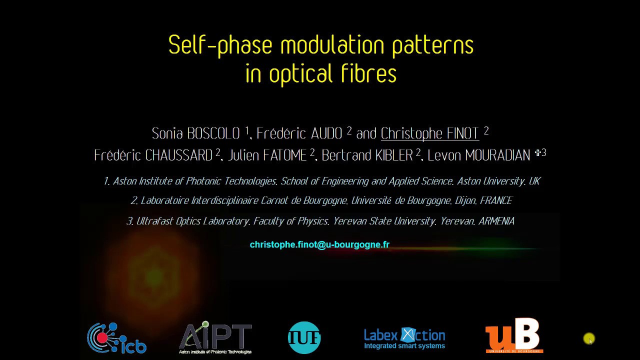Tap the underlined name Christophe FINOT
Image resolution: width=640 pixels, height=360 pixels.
click(429, 133)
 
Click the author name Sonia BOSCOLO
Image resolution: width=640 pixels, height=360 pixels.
click(196, 133)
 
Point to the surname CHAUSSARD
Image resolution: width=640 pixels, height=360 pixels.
click(178, 155)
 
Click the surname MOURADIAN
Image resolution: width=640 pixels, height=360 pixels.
click(497, 155)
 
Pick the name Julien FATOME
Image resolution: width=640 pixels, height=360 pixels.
click(267, 155)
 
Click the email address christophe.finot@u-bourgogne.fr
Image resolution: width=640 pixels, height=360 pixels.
click(319, 244)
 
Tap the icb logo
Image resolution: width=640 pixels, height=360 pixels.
click(117, 338)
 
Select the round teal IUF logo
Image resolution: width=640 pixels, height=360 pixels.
click(304, 338)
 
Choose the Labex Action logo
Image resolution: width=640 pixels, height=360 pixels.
click(404, 338)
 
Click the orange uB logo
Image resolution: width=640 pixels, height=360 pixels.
click(514, 336)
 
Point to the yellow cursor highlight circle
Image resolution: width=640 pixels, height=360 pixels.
click(589, 339)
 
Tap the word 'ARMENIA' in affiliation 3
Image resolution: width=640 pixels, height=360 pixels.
click(496, 221)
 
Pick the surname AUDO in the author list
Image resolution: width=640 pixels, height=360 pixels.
click(326, 133)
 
